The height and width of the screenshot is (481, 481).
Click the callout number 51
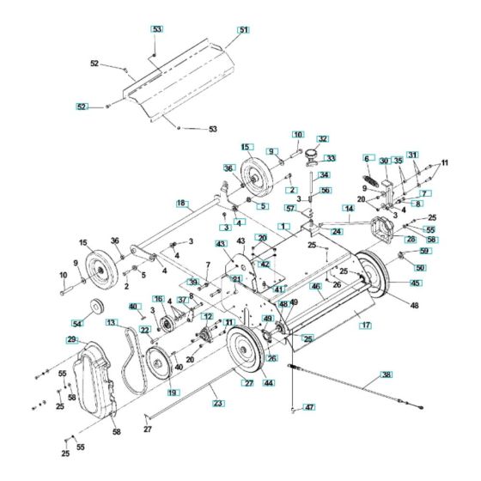244,30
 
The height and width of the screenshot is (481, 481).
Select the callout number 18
181,204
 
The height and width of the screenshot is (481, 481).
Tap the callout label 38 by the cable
386,374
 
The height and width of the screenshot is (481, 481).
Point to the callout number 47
310,407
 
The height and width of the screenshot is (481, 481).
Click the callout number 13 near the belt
112,322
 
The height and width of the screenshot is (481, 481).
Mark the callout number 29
71,340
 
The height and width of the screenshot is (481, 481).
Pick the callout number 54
78,323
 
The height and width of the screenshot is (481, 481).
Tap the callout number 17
366,326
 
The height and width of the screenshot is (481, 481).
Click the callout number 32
322,137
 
